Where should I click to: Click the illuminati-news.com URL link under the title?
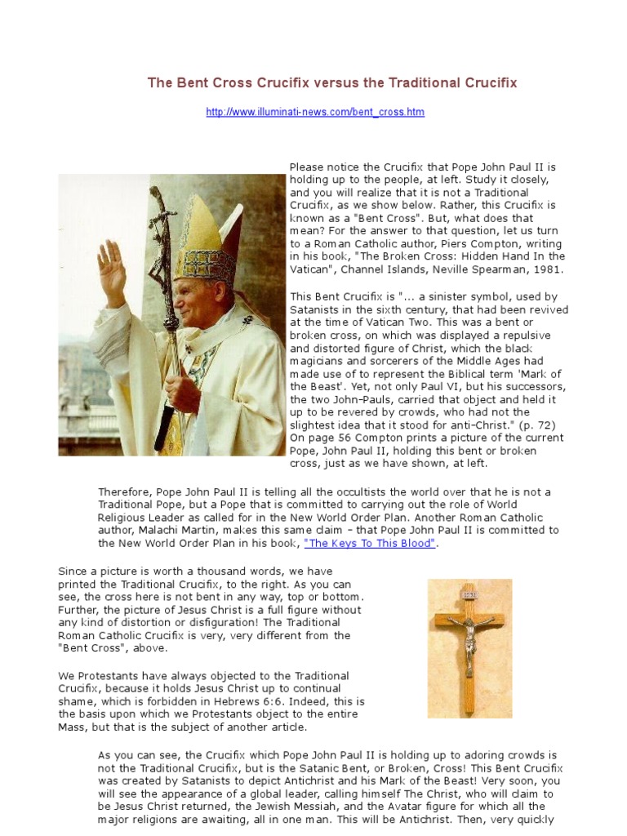(315, 112)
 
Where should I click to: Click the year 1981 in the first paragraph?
(547, 269)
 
